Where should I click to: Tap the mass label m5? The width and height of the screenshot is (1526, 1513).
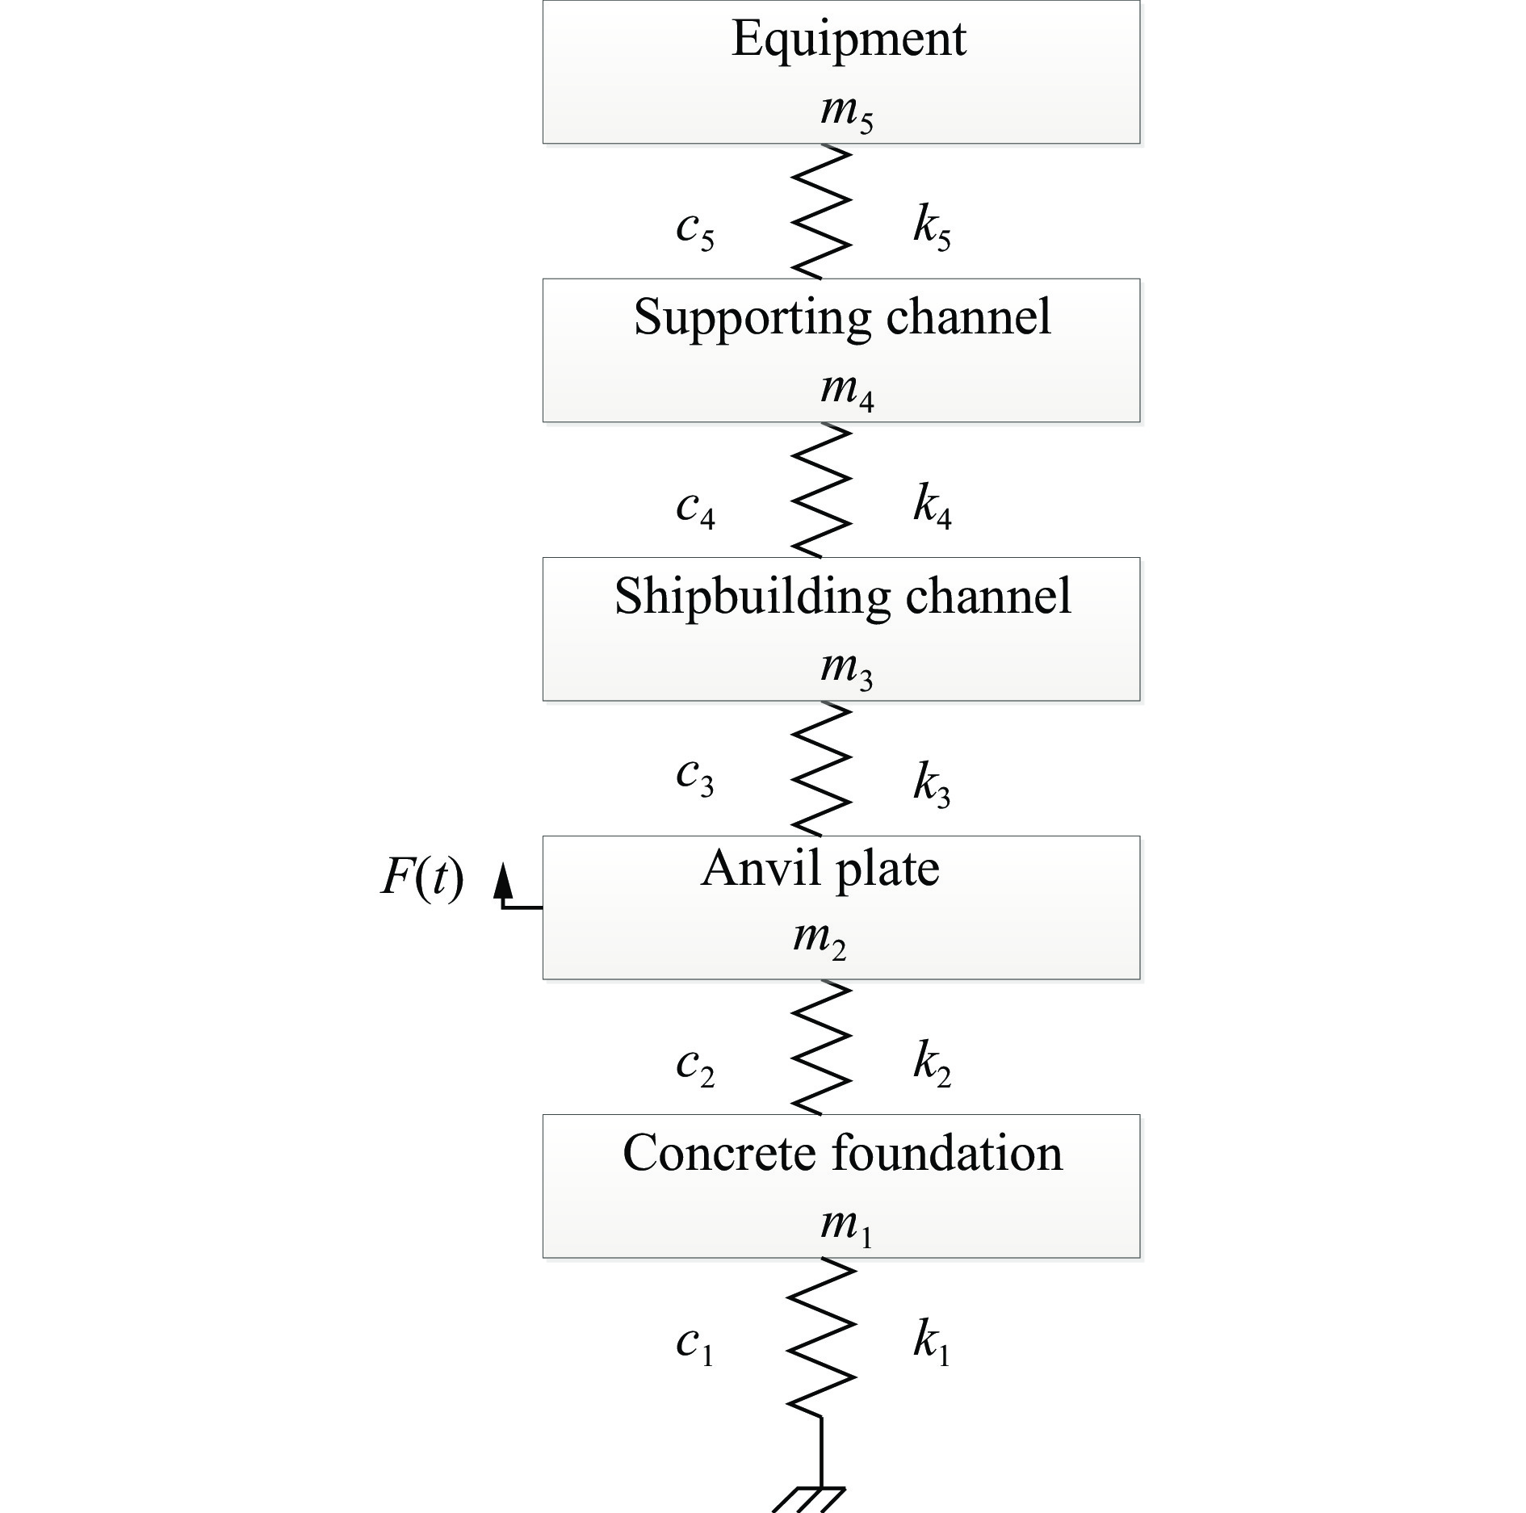point(847,111)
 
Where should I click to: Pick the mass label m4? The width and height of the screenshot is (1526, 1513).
point(847,391)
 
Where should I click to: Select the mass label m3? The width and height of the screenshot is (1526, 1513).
point(847,669)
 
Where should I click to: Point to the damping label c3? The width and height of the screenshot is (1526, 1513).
point(695,778)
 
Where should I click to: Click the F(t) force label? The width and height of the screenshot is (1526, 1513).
point(422,877)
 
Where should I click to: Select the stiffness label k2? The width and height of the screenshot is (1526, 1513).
point(933,1062)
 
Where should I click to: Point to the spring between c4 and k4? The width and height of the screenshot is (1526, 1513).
point(821,490)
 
